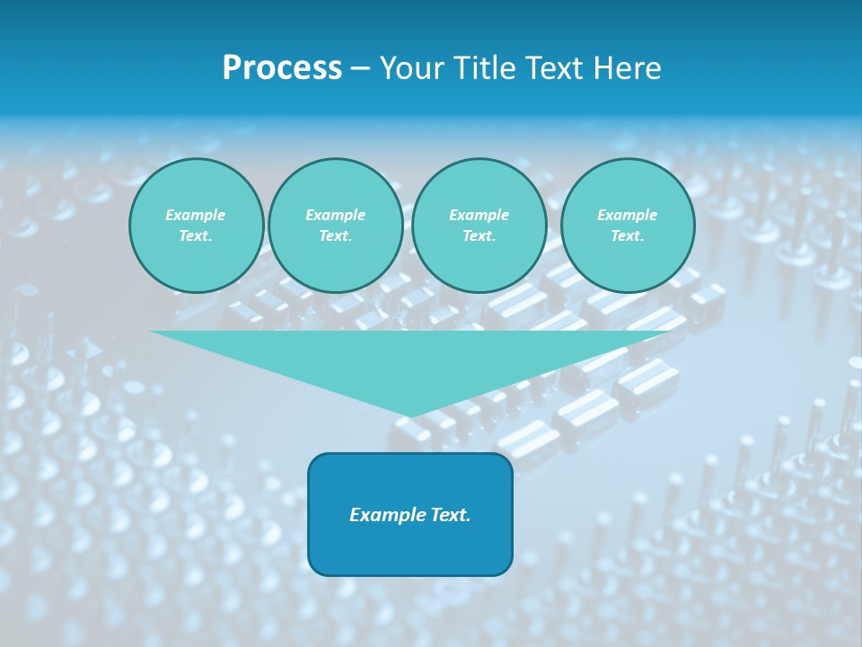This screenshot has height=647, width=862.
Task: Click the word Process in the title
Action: pyautogui.click(x=282, y=68)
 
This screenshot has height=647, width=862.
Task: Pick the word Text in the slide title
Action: pyautogui.click(x=556, y=68)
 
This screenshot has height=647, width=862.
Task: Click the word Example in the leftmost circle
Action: pyautogui.click(x=196, y=215)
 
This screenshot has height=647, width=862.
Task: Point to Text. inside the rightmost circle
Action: pyautogui.click(x=627, y=236)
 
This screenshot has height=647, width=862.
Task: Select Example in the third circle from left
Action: pyautogui.click(x=479, y=215)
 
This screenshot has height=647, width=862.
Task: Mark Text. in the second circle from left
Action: pyautogui.click(x=335, y=236)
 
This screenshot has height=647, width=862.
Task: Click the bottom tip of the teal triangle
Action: pyautogui.click(x=411, y=414)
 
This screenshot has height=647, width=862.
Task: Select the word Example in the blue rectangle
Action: pyautogui.click(x=384, y=515)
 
